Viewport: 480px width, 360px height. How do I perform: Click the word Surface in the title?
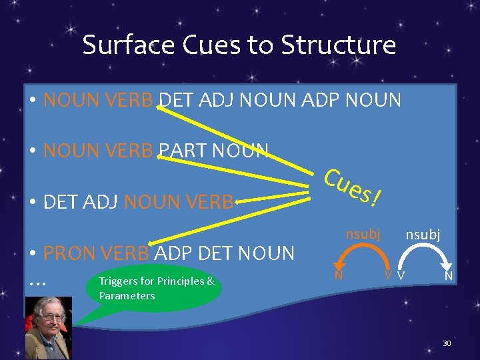pyautogui.click(x=119, y=45)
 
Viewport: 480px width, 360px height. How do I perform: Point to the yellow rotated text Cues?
pyautogui.click(x=353, y=187)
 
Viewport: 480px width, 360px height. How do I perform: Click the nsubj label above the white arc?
pyautogui.click(x=423, y=235)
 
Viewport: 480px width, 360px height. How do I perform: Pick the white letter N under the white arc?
pyautogui.click(x=449, y=275)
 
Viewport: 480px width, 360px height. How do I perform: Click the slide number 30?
pyautogui.click(x=447, y=343)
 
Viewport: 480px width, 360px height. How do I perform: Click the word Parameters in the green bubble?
pyautogui.click(x=127, y=295)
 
